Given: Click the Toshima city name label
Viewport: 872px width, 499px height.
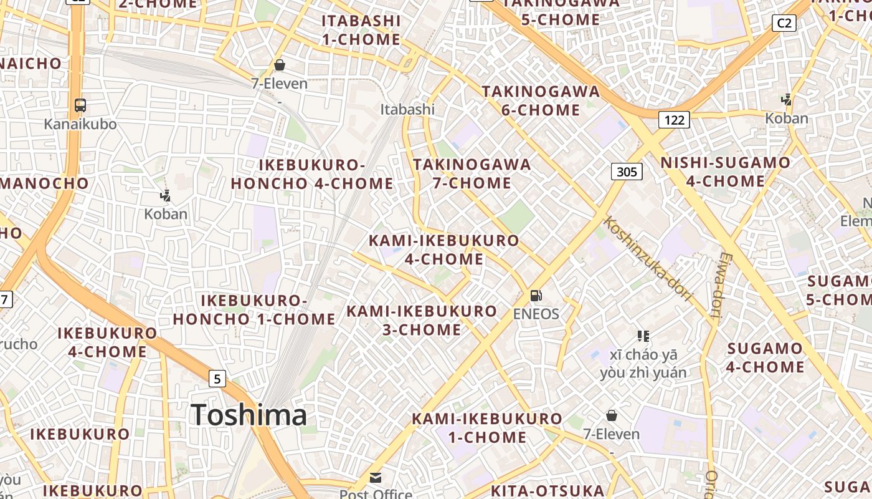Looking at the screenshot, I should [249, 415].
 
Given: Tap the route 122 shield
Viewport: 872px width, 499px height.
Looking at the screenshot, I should [674, 119].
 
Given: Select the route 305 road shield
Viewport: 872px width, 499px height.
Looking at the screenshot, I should [626, 172].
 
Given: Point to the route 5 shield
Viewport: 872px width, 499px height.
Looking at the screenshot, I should [216, 378].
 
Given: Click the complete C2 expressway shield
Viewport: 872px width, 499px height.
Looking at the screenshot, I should [784, 24].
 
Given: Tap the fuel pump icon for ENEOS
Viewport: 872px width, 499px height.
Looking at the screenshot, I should [536, 296].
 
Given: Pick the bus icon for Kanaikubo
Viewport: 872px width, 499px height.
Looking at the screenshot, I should [80, 105].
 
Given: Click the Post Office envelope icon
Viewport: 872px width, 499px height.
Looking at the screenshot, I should [376, 478].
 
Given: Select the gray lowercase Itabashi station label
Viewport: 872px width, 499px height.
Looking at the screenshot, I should [407, 109].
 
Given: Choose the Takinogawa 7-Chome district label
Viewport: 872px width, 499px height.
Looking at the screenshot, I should [472, 173].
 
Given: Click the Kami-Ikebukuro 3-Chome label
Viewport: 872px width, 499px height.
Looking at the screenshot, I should [422, 320].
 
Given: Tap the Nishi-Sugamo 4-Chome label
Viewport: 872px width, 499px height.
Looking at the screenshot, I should [725, 172].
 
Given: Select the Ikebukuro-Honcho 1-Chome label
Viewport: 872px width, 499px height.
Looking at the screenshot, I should [254, 310].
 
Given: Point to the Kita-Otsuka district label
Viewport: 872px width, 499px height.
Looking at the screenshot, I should [547, 490].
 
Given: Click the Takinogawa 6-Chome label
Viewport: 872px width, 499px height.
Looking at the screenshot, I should [541, 101].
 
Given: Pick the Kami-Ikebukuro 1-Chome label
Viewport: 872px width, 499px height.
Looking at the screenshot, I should [487, 427].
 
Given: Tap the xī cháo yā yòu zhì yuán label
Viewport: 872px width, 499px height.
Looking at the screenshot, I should [643, 364].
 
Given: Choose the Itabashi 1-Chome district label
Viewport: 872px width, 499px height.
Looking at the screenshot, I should [361, 30].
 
